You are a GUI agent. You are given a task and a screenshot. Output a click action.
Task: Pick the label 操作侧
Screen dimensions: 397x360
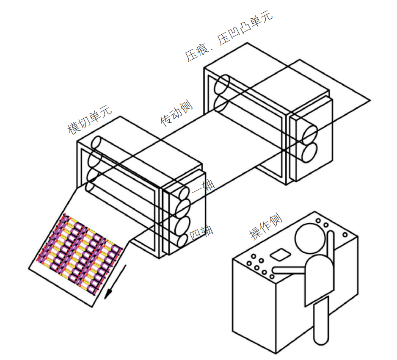266,226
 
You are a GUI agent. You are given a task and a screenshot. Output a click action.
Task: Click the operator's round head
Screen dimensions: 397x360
310,238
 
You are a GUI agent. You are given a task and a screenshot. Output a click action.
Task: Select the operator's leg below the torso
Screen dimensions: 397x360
321,321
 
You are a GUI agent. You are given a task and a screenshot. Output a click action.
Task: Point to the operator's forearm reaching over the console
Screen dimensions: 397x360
289,270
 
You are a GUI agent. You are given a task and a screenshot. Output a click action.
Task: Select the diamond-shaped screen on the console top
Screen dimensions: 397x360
280,255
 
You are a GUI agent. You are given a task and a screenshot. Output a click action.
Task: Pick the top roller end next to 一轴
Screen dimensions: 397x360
184,193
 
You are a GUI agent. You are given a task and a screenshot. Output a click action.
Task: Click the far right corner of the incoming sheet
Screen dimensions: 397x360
370,100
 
